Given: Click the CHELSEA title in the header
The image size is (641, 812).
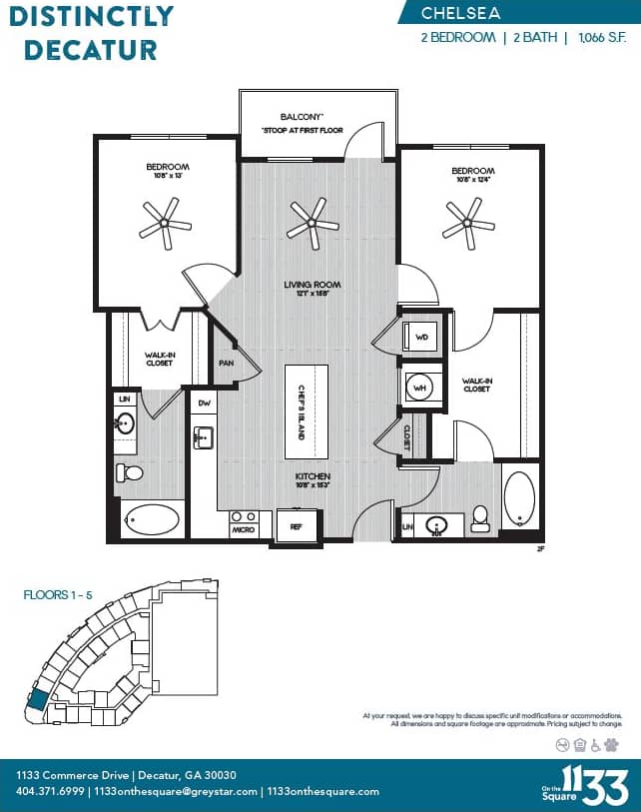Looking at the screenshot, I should point(460,13).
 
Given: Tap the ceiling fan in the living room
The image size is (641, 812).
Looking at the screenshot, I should point(314,223).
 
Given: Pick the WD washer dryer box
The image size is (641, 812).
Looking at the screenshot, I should point(421,338).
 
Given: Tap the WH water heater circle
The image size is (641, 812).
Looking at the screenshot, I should point(421,387).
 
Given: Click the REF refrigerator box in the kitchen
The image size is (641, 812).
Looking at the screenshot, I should point(297,525).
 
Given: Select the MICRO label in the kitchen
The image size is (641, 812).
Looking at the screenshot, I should point(243,529).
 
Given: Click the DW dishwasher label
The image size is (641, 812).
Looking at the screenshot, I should point(204,403).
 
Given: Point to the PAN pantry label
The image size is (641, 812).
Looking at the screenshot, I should point(227,363).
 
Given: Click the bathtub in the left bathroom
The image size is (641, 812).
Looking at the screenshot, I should point(152,519).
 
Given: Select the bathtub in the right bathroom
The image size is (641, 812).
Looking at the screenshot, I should point(519,497).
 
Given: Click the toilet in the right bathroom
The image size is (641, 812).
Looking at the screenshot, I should point(480,516).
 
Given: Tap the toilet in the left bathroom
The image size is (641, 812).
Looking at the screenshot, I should point(130,472).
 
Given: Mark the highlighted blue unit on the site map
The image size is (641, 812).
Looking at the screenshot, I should point(38,699).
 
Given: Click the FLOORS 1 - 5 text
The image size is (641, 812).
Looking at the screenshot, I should point(57,594).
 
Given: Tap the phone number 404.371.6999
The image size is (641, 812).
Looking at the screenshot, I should point(49,791).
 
